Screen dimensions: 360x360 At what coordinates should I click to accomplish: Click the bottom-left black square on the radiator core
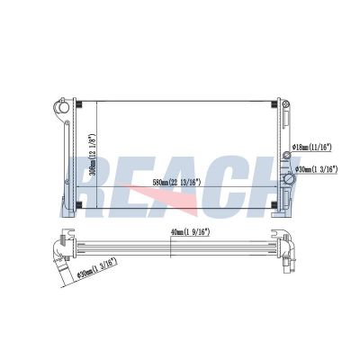[x=82, y=206]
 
